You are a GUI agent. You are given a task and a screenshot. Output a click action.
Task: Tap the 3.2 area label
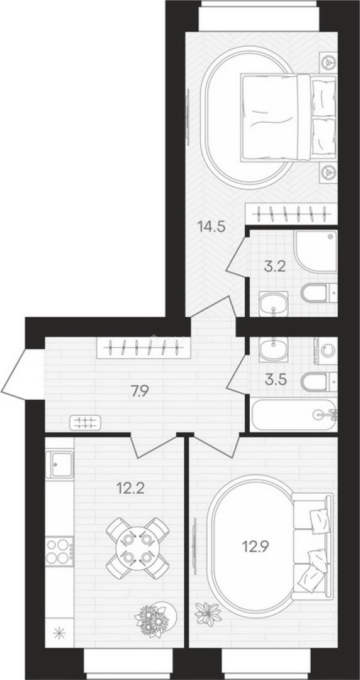pos(274,266)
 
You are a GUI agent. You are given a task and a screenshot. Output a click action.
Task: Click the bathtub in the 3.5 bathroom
pos(295,415)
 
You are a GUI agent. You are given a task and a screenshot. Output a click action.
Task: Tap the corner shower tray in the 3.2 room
pos(316,251)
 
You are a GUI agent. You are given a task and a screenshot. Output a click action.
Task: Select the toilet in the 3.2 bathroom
pos(320,293)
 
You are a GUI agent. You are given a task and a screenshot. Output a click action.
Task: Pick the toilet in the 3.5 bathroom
pos(320,381)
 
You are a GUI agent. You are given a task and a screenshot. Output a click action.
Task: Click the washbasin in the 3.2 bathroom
pos(273,304)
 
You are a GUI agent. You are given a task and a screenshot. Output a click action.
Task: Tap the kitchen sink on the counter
pos(59,464)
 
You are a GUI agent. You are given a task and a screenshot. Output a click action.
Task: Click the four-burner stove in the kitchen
pos(59,551)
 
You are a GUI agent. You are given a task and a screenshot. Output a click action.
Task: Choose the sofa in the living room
pos(313,543)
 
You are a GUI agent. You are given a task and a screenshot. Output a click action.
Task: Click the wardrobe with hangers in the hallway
pos(143,348)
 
